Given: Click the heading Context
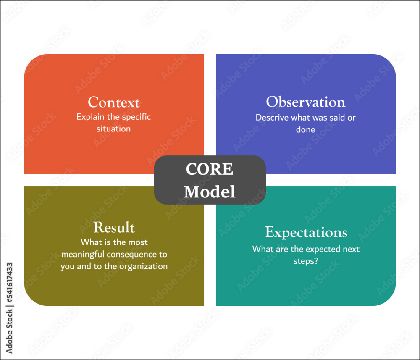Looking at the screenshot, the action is point(113,102).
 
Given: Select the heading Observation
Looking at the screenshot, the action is point(306,102).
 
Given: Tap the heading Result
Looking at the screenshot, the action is point(114,227).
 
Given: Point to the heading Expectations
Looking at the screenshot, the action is point(306,232).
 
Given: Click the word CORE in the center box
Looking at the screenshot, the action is point(210,169).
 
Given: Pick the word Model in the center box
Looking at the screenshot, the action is point(210,192).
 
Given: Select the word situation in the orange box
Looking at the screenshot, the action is point(113,129).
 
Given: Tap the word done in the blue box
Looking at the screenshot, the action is point(306,130).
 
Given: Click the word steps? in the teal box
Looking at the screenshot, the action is point(306,261).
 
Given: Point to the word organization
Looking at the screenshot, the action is point(143,266).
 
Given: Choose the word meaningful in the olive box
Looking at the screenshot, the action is point(83,255).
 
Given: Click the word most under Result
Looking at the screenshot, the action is point(138,242).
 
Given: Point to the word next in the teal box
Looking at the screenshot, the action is point(351,250).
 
